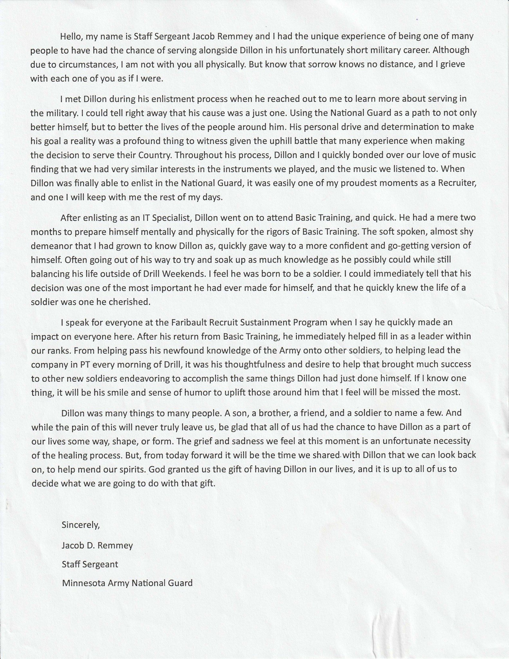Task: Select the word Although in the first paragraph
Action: pyautogui.click(x=453, y=50)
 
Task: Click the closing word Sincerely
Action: pyautogui.click(x=81, y=525)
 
